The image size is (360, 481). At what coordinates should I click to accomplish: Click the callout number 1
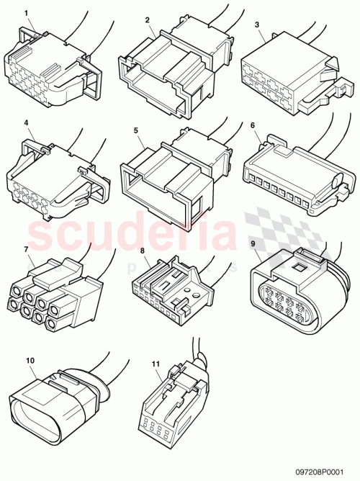click(27, 14)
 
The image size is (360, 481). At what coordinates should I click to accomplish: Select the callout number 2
click(147, 20)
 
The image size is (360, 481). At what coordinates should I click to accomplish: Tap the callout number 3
click(258, 24)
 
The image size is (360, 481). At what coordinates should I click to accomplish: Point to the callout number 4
click(27, 123)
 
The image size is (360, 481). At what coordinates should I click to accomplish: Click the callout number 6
click(253, 125)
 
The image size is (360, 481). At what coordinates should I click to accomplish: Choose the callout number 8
click(143, 251)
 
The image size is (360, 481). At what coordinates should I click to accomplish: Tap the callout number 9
click(253, 243)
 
